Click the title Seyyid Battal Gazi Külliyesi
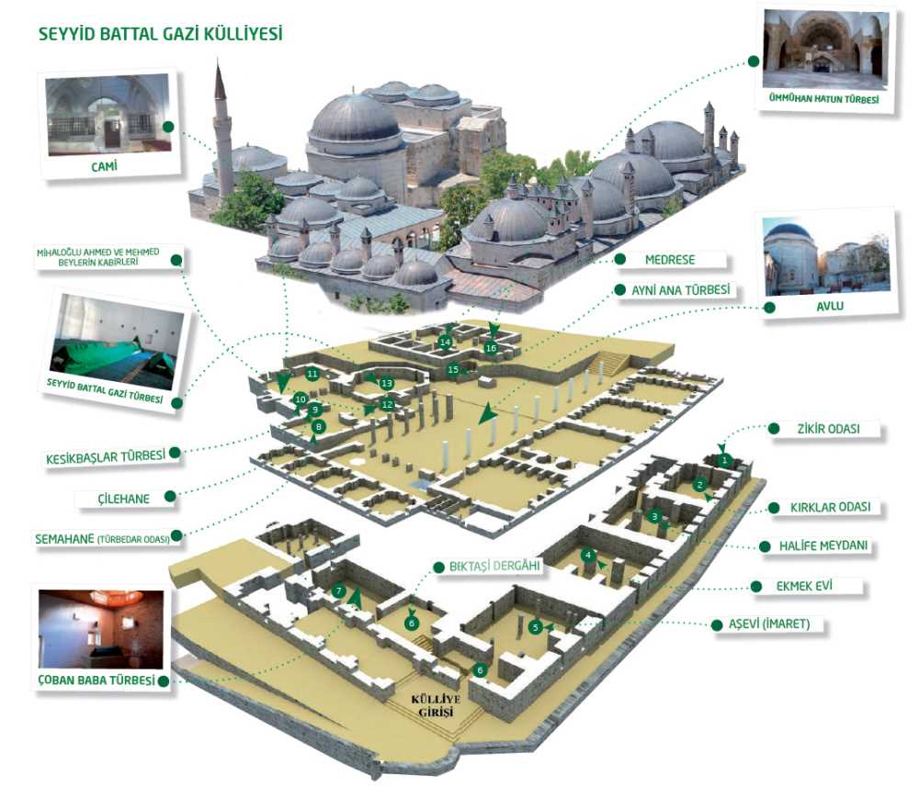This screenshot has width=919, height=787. pyautogui.click(x=160, y=35)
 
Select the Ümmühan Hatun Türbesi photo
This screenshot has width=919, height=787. pyautogui.click(x=826, y=51)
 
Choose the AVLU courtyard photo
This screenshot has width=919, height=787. pyautogui.click(x=827, y=256)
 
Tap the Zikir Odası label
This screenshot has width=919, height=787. pyautogui.click(x=826, y=428)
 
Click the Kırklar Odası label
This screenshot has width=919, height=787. pyautogui.click(x=830, y=507)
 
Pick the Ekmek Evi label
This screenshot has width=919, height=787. pyautogui.click(x=799, y=586)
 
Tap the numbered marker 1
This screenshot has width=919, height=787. pyautogui.click(x=725, y=460)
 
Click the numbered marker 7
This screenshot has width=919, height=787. pyautogui.click(x=339, y=591)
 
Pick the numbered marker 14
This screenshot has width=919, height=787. pyautogui.click(x=446, y=343)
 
